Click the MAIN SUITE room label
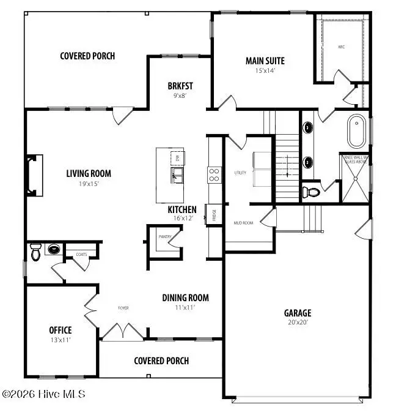[265, 61]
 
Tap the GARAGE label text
[297, 313]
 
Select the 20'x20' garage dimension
[297, 323]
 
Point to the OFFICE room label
[61, 330]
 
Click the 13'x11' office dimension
[61, 340]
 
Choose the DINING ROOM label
[185, 298]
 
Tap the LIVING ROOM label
[89, 173]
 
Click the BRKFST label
[180, 86]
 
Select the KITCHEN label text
[182, 209]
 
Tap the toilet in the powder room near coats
[35, 251]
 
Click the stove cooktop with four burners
[215, 175]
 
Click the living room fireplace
[34, 175]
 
